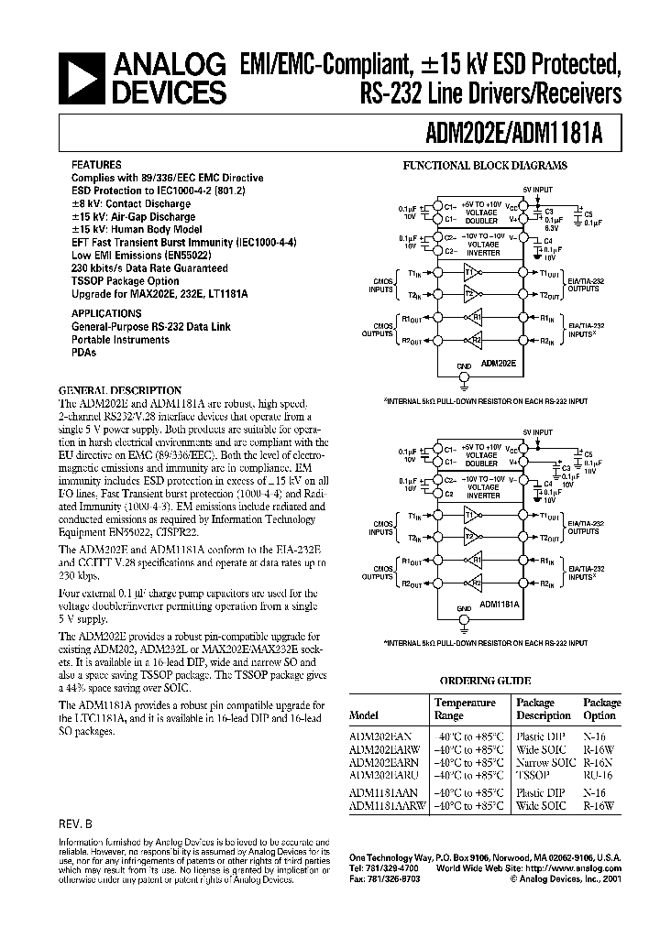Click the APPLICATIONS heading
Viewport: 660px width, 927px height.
(105, 313)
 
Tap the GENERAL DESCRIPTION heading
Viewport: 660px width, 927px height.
(120, 390)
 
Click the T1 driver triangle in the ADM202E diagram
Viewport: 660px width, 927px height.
(472, 273)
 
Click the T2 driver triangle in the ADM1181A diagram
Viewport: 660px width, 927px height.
(472, 537)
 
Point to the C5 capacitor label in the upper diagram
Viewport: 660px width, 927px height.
(588, 213)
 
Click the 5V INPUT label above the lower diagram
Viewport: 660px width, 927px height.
(538, 431)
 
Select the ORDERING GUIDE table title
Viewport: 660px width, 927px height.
(486, 682)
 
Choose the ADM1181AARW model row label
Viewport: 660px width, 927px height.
(388, 805)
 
